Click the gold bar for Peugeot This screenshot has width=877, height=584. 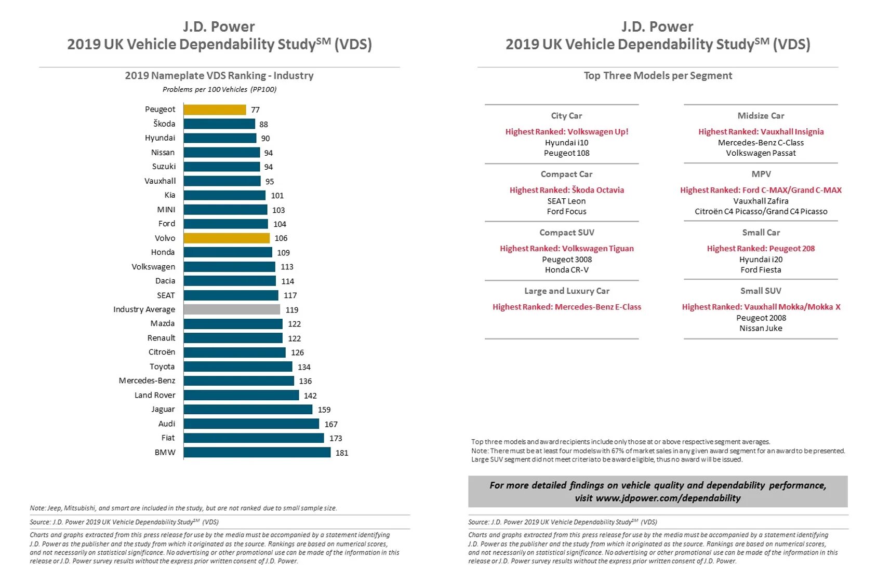(215, 110)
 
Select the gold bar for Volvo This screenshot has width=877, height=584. (227, 238)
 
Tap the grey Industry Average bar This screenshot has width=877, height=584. (232, 309)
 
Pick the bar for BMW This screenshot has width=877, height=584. (257, 453)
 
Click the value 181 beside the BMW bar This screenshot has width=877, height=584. (342, 453)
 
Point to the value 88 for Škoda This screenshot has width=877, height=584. (264, 125)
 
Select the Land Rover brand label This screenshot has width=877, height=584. (155, 395)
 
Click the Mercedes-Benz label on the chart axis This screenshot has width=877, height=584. (147, 381)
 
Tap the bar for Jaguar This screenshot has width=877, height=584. (248, 410)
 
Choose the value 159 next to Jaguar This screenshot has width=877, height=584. (324, 410)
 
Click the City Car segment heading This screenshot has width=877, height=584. (566, 116)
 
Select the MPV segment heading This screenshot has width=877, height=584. (761, 174)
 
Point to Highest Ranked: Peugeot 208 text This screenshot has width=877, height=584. (761, 249)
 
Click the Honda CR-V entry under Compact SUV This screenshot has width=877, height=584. (567, 270)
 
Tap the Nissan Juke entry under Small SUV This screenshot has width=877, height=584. (761, 328)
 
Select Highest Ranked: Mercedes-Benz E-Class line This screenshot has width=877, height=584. (567, 307)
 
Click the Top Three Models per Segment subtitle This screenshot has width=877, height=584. (658, 76)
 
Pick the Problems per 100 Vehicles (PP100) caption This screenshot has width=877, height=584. (219, 89)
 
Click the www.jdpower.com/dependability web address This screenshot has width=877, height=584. (668, 498)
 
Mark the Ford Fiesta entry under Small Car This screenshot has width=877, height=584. (761, 270)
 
